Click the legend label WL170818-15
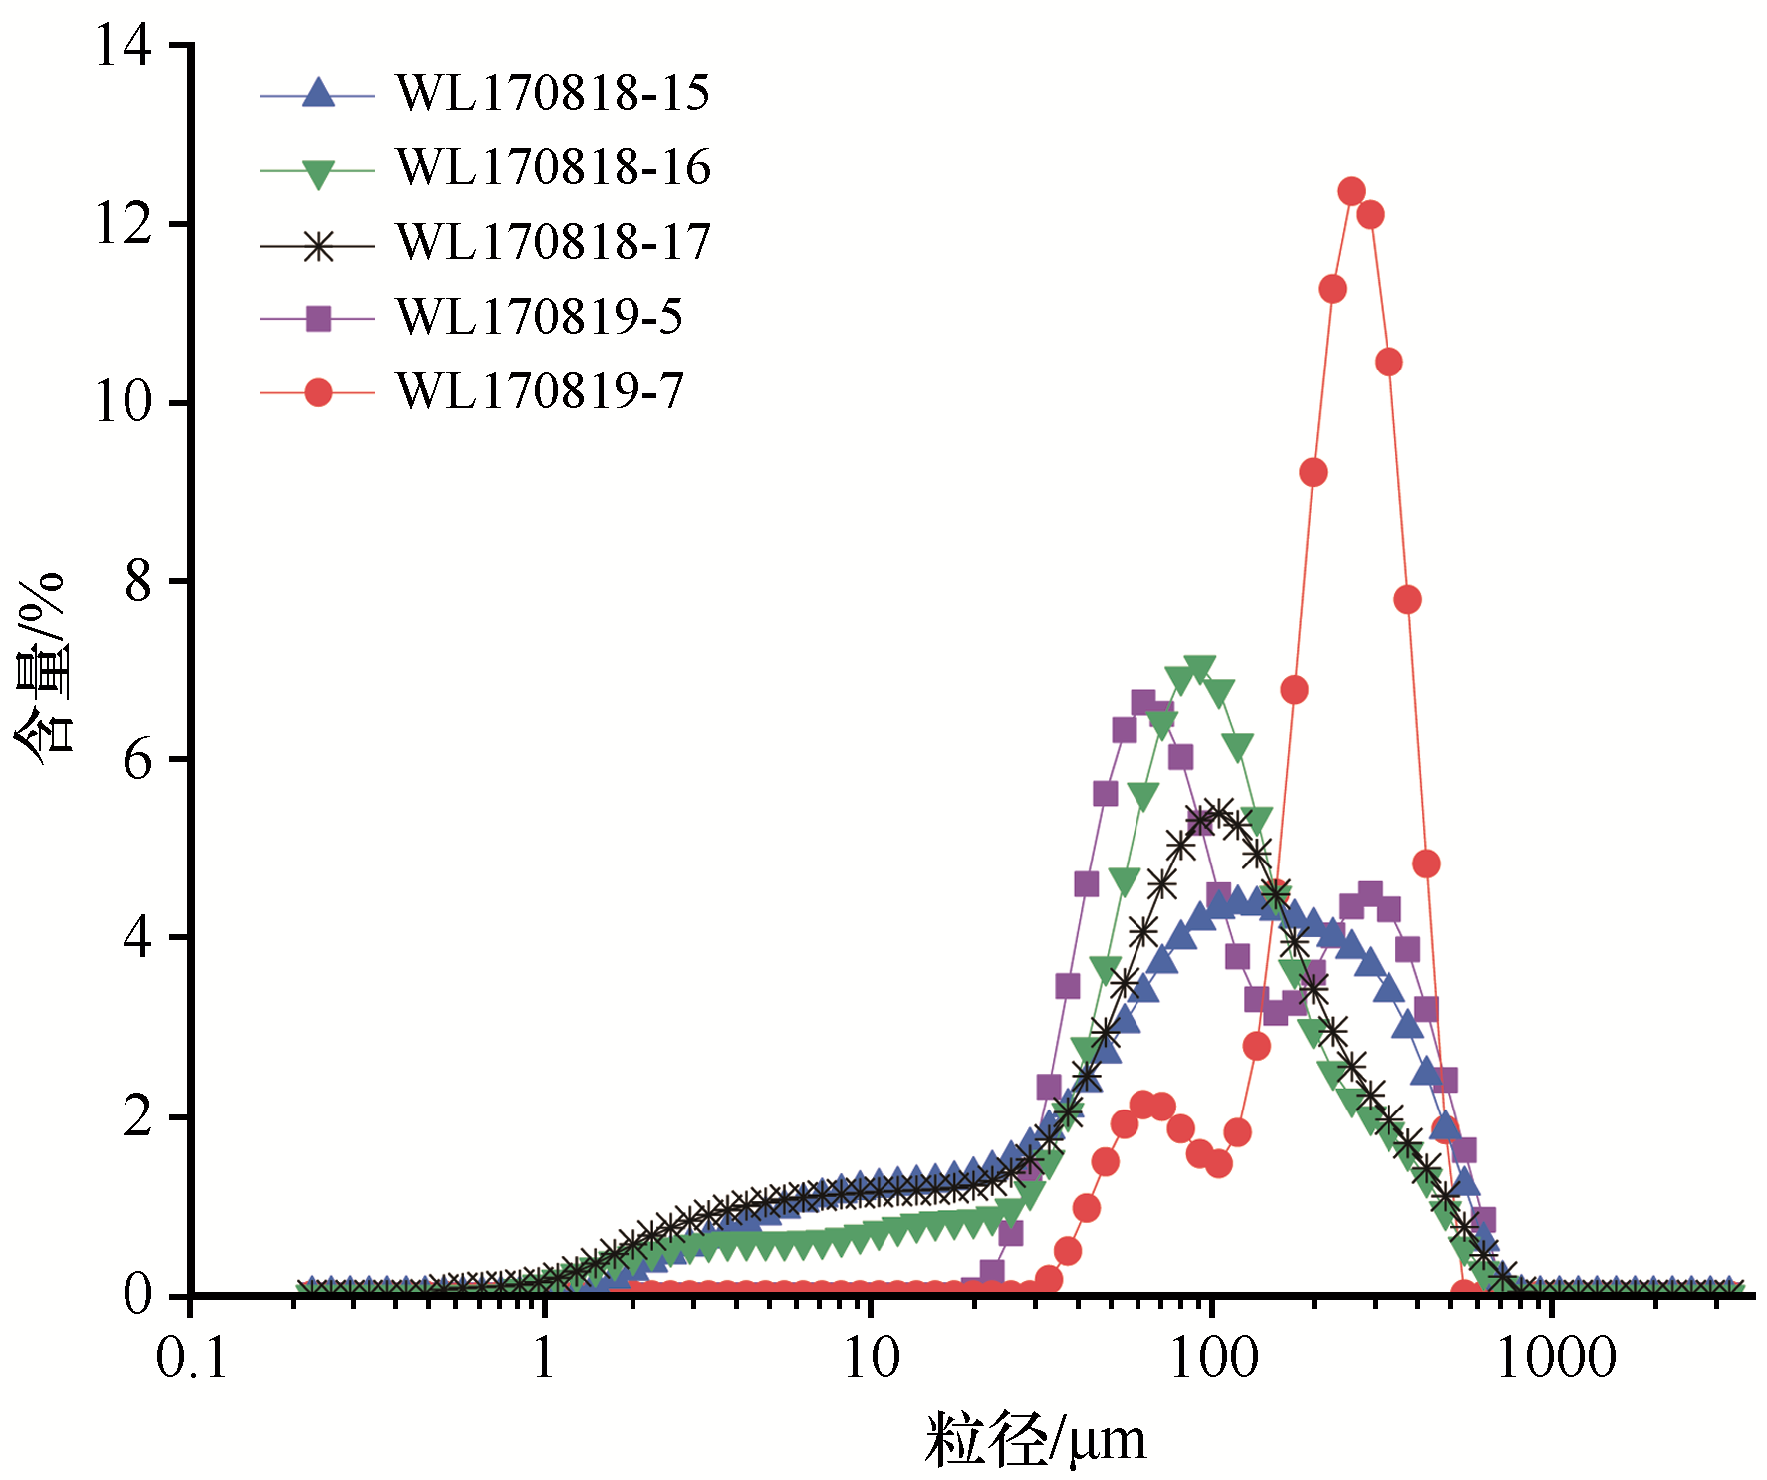pos(553,93)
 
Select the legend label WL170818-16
pos(553,167)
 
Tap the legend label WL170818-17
pos(553,242)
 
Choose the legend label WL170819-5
pos(539,317)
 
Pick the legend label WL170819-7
pos(539,391)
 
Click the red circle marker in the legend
pos(318,392)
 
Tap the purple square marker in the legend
pos(318,319)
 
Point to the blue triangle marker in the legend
pos(318,93)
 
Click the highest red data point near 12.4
pos(1351,191)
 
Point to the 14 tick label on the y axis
pos(124,46)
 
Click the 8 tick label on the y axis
pos(138,581)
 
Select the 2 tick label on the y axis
pos(138,1116)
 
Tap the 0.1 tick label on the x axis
pos(191,1357)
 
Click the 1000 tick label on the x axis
pos(1555,1357)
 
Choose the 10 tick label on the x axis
pos(872,1357)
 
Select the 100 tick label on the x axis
pos(1213,1357)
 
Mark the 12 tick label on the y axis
pos(124,224)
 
